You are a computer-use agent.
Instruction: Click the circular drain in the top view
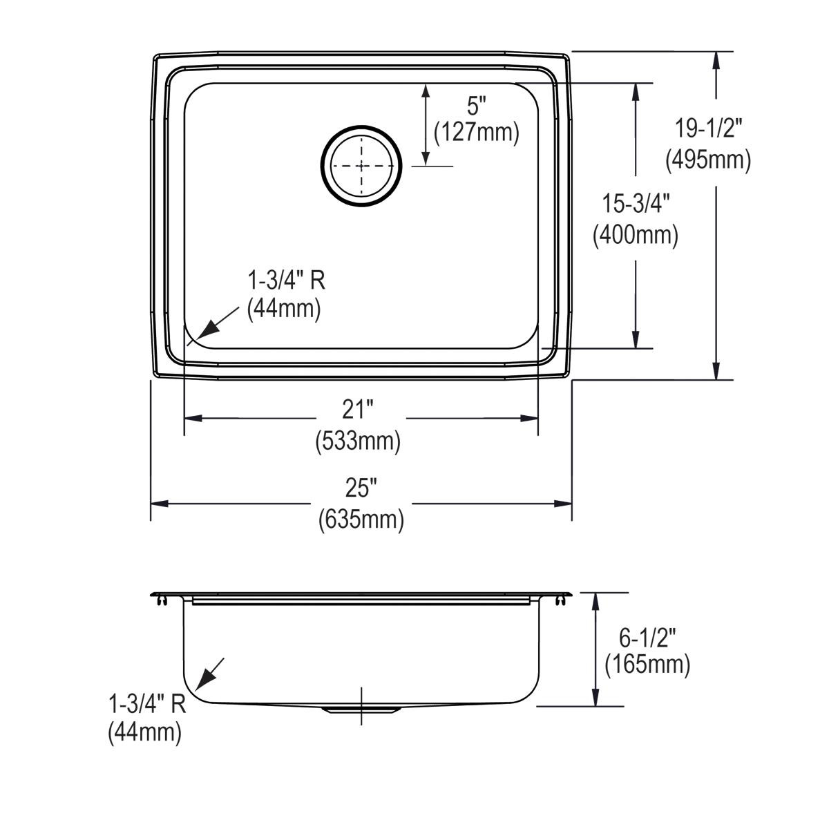tap(361, 166)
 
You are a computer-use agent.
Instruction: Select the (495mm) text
tap(708, 160)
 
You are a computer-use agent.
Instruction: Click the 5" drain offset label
tap(476, 106)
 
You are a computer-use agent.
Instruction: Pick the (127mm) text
tap(476, 131)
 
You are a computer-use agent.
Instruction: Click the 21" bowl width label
tap(358, 410)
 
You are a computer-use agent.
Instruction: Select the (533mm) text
tap(358, 440)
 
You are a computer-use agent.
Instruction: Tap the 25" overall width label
tap(361, 489)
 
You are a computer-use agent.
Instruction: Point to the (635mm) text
tap(361, 519)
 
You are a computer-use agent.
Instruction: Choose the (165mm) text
tap(647, 665)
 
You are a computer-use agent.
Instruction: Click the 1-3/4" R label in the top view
tap(285, 280)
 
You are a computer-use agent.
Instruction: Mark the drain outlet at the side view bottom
tap(362, 709)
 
